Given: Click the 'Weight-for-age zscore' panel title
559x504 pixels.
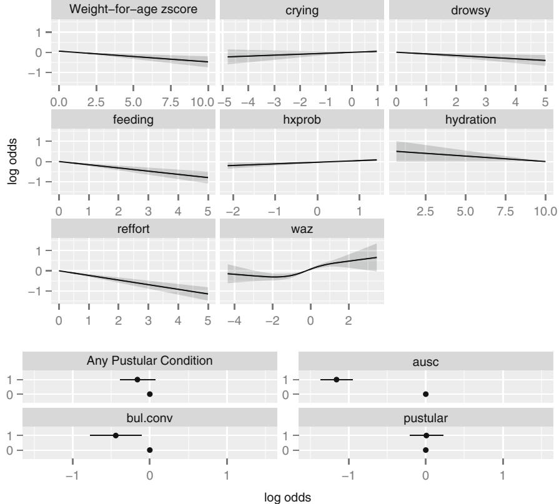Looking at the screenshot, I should pos(133,10).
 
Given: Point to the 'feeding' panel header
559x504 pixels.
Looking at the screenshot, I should pos(133,119).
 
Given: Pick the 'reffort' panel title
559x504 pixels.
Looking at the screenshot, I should pos(133,229).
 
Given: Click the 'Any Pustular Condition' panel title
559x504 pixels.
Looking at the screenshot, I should pos(150,360).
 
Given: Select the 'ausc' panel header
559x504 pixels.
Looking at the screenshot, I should pos(425,360).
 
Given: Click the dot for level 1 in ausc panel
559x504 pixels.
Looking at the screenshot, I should pos(336,379).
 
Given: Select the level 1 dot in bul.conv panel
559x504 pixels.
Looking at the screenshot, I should pos(116,435).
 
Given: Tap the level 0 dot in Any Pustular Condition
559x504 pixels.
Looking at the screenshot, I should pos(150,394).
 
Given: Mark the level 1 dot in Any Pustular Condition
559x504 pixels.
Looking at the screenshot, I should pos(137,379).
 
